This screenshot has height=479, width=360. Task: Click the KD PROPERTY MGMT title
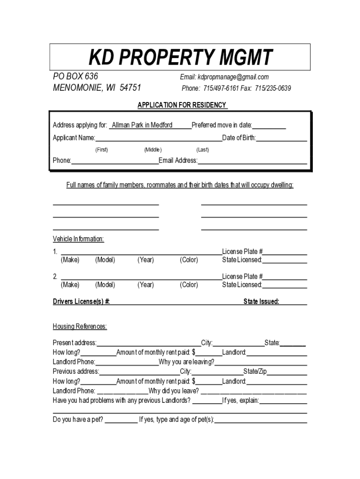180,58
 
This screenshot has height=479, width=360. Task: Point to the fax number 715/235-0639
273,88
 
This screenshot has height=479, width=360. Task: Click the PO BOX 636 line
75,77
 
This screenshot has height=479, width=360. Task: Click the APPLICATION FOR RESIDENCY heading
182,105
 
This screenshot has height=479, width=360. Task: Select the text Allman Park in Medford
142,125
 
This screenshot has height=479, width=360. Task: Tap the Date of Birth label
239,138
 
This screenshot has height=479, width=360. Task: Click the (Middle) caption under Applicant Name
153,150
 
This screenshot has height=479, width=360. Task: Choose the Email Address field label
178,161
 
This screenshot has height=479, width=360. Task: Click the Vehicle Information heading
78,239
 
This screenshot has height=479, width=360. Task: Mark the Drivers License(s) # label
81,302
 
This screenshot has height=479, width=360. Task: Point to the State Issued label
261,302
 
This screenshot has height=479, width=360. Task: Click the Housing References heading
79,326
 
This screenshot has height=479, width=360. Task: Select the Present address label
75,343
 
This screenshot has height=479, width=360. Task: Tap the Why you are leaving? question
187,362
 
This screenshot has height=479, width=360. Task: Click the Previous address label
76,371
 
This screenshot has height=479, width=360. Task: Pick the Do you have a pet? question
78,420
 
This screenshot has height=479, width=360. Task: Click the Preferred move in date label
222,125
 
